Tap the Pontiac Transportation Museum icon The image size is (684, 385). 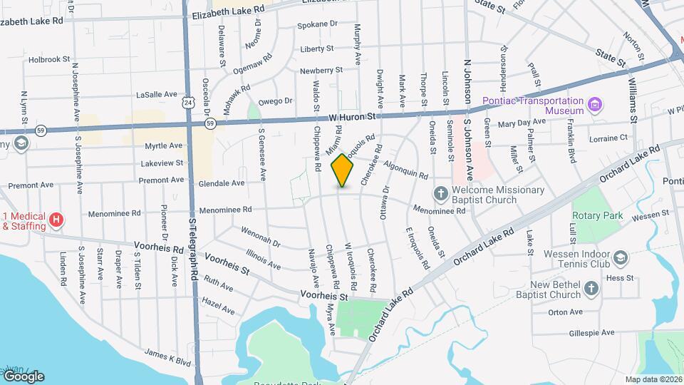[595, 106]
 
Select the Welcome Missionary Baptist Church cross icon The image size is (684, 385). [441, 193]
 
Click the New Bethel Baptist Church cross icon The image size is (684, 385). [591, 288]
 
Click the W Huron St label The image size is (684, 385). [351, 116]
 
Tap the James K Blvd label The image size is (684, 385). [168, 357]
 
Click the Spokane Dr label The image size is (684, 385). [318, 24]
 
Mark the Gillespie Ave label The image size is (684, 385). [591, 333]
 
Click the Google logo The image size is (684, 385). [23, 376]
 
